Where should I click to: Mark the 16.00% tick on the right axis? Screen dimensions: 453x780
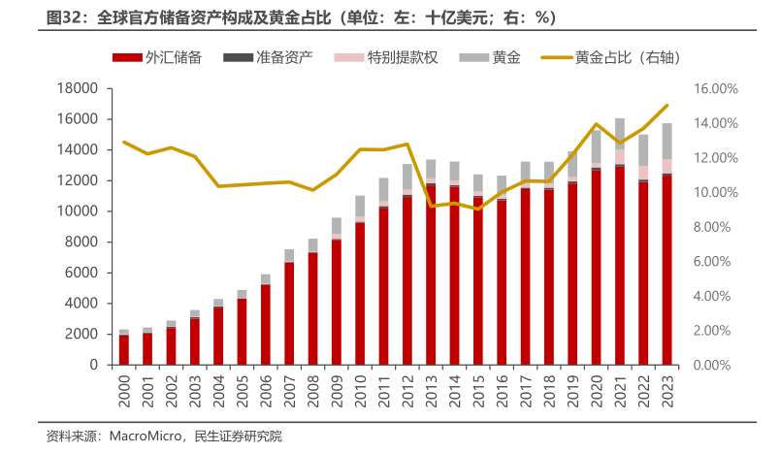coord(716,88)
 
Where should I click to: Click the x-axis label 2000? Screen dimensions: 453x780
coord(124,391)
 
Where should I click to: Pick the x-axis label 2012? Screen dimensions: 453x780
coord(407,391)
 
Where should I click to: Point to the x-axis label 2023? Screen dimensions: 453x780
coord(666,391)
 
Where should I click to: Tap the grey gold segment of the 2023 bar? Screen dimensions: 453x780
coord(666,142)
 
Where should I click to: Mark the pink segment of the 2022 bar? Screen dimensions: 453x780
coord(643,172)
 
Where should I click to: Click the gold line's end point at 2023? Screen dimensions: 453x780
coord(666,106)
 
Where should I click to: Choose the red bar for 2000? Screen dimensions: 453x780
coord(124,349)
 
